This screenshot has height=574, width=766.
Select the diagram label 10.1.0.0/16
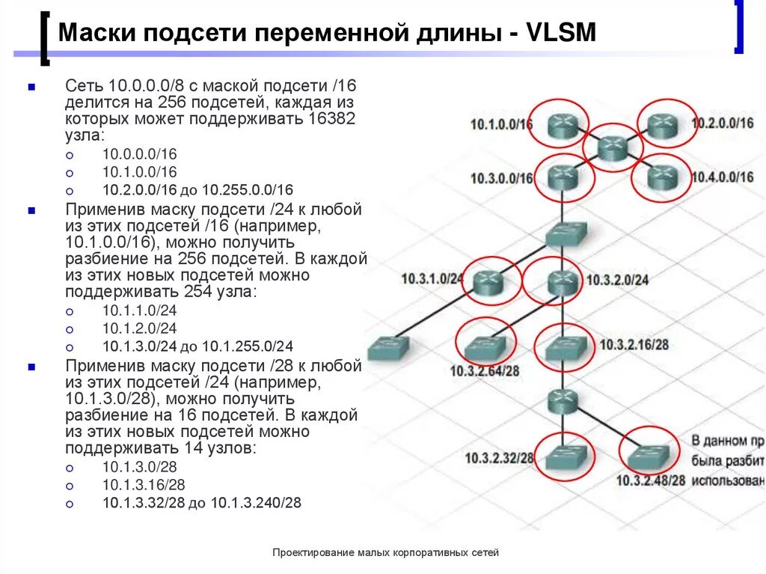pyautogui.click(x=502, y=123)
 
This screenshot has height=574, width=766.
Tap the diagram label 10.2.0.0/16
pyautogui.click(x=723, y=123)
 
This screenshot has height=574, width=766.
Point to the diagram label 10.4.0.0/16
pyautogui.click(x=723, y=177)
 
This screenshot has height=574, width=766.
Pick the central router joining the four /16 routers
pyautogui.click(x=613, y=147)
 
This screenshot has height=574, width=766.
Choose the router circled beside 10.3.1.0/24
pyautogui.click(x=490, y=281)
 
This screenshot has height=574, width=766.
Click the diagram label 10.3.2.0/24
pyautogui.click(x=617, y=280)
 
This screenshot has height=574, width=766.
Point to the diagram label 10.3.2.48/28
pyautogui.click(x=651, y=480)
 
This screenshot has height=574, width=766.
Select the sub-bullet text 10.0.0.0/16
pyautogui.click(x=140, y=154)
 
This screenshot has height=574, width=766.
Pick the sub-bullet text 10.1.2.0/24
pyautogui.click(x=140, y=329)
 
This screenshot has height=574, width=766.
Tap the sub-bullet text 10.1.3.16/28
pyautogui.click(x=144, y=485)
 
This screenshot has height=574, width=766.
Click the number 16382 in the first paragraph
pyautogui.click(x=329, y=118)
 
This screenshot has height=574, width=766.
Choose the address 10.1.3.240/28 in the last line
pyautogui.click(x=257, y=503)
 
